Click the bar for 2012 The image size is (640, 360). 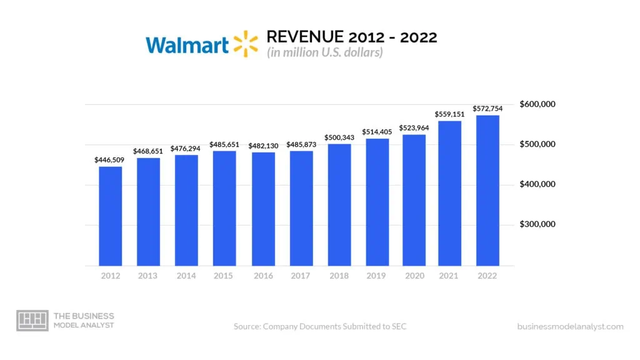(110, 216)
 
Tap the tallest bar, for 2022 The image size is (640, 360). (487, 191)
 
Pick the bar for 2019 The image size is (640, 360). (377, 202)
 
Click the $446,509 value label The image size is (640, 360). (110, 160)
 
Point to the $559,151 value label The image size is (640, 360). (449, 114)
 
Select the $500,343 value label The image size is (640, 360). (339, 137)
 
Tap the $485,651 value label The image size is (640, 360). (224, 144)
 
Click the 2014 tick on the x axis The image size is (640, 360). (186, 276)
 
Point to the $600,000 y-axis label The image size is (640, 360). (537, 104)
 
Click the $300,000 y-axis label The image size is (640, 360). (537, 224)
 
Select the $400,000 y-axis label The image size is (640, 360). (537, 184)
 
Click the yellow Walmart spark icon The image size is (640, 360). (246, 43)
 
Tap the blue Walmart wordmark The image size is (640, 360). (187, 44)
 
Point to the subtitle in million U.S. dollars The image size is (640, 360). (325, 52)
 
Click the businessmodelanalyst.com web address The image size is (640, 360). (570, 326)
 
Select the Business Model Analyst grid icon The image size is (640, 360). (32, 320)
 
